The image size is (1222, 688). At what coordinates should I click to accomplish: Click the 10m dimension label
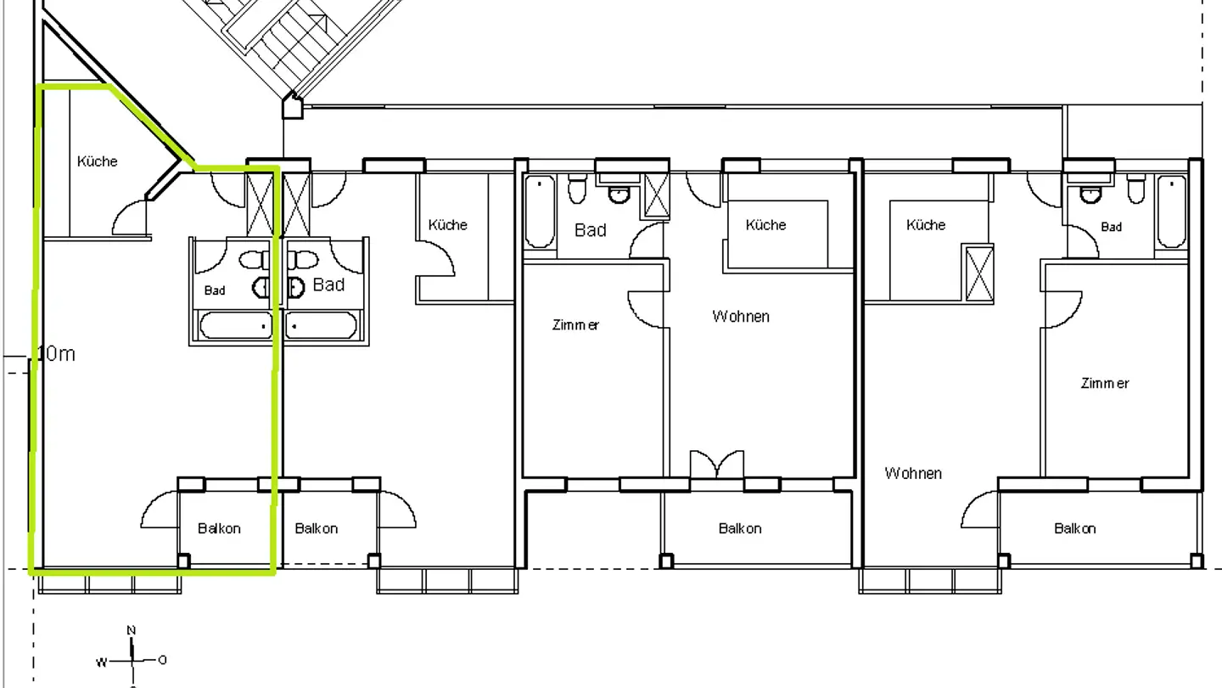click(x=57, y=354)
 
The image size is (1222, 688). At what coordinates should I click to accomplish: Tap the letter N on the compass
click(x=132, y=630)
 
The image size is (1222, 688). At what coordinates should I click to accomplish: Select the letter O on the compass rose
click(x=162, y=660)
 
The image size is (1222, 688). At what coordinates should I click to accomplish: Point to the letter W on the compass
click(x=101, y=661)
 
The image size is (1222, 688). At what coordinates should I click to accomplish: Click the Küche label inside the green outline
click(x=97, y=161)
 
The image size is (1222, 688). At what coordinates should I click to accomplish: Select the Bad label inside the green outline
click(x=215, y=290)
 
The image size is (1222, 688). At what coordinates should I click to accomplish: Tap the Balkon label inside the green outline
click(x=219, y=528)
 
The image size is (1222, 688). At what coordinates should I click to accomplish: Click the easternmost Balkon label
click(x=1074, y=528)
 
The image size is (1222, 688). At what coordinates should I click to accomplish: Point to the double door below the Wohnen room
click(x=717, y=465)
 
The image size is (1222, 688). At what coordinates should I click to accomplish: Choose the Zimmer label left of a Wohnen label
click(x=575, y=324)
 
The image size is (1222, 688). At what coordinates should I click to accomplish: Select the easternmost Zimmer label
click(x=1105, y=383)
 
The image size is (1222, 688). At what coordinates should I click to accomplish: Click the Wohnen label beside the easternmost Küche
click(x=913, y=473)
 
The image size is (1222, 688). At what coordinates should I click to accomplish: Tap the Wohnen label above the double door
click(x=741, y=316)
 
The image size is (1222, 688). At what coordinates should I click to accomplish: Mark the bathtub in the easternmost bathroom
click(x=1172, y=211)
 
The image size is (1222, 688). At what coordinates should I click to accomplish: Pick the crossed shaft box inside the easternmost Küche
click(x=979, y=273)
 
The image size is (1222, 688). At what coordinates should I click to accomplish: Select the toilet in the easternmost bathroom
click(x=1136, y=189)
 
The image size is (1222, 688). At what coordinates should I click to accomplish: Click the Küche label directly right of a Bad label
click(x=765, y=225)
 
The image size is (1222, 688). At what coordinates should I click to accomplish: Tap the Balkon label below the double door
click(x=740, y=528)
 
